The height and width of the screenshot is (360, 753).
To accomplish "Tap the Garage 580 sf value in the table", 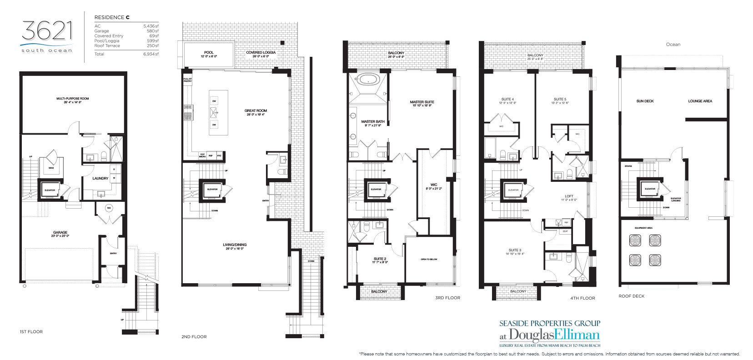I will point(154,31).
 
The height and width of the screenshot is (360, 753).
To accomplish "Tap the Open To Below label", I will point(428,259).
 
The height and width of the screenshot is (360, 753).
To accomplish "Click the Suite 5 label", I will point(560,99).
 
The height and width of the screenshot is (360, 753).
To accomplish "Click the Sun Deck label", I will point(645,101).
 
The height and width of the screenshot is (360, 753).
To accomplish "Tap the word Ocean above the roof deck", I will point(673,45).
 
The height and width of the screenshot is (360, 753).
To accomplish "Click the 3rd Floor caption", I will point(447,298).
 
